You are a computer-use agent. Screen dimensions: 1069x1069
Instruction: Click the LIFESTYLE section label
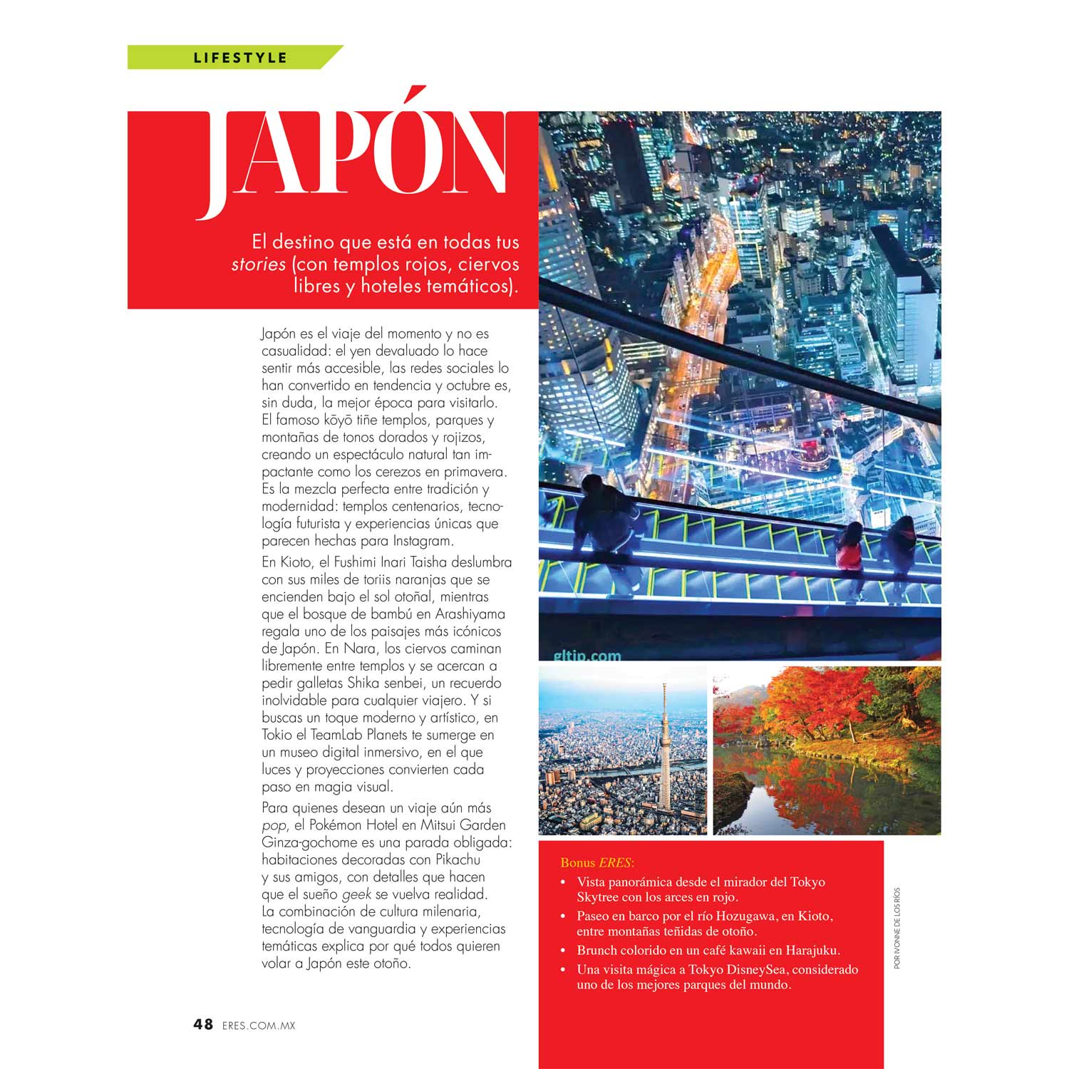[240, 58]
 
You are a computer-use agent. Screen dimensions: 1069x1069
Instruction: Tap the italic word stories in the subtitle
[258, 264]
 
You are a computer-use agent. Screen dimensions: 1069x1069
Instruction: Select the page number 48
[203, 1024]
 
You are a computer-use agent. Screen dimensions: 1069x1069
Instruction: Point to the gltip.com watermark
[587, 655]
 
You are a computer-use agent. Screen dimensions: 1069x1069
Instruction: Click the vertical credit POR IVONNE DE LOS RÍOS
[897, 927]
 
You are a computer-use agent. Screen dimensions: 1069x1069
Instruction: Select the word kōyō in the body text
[339, 420]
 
